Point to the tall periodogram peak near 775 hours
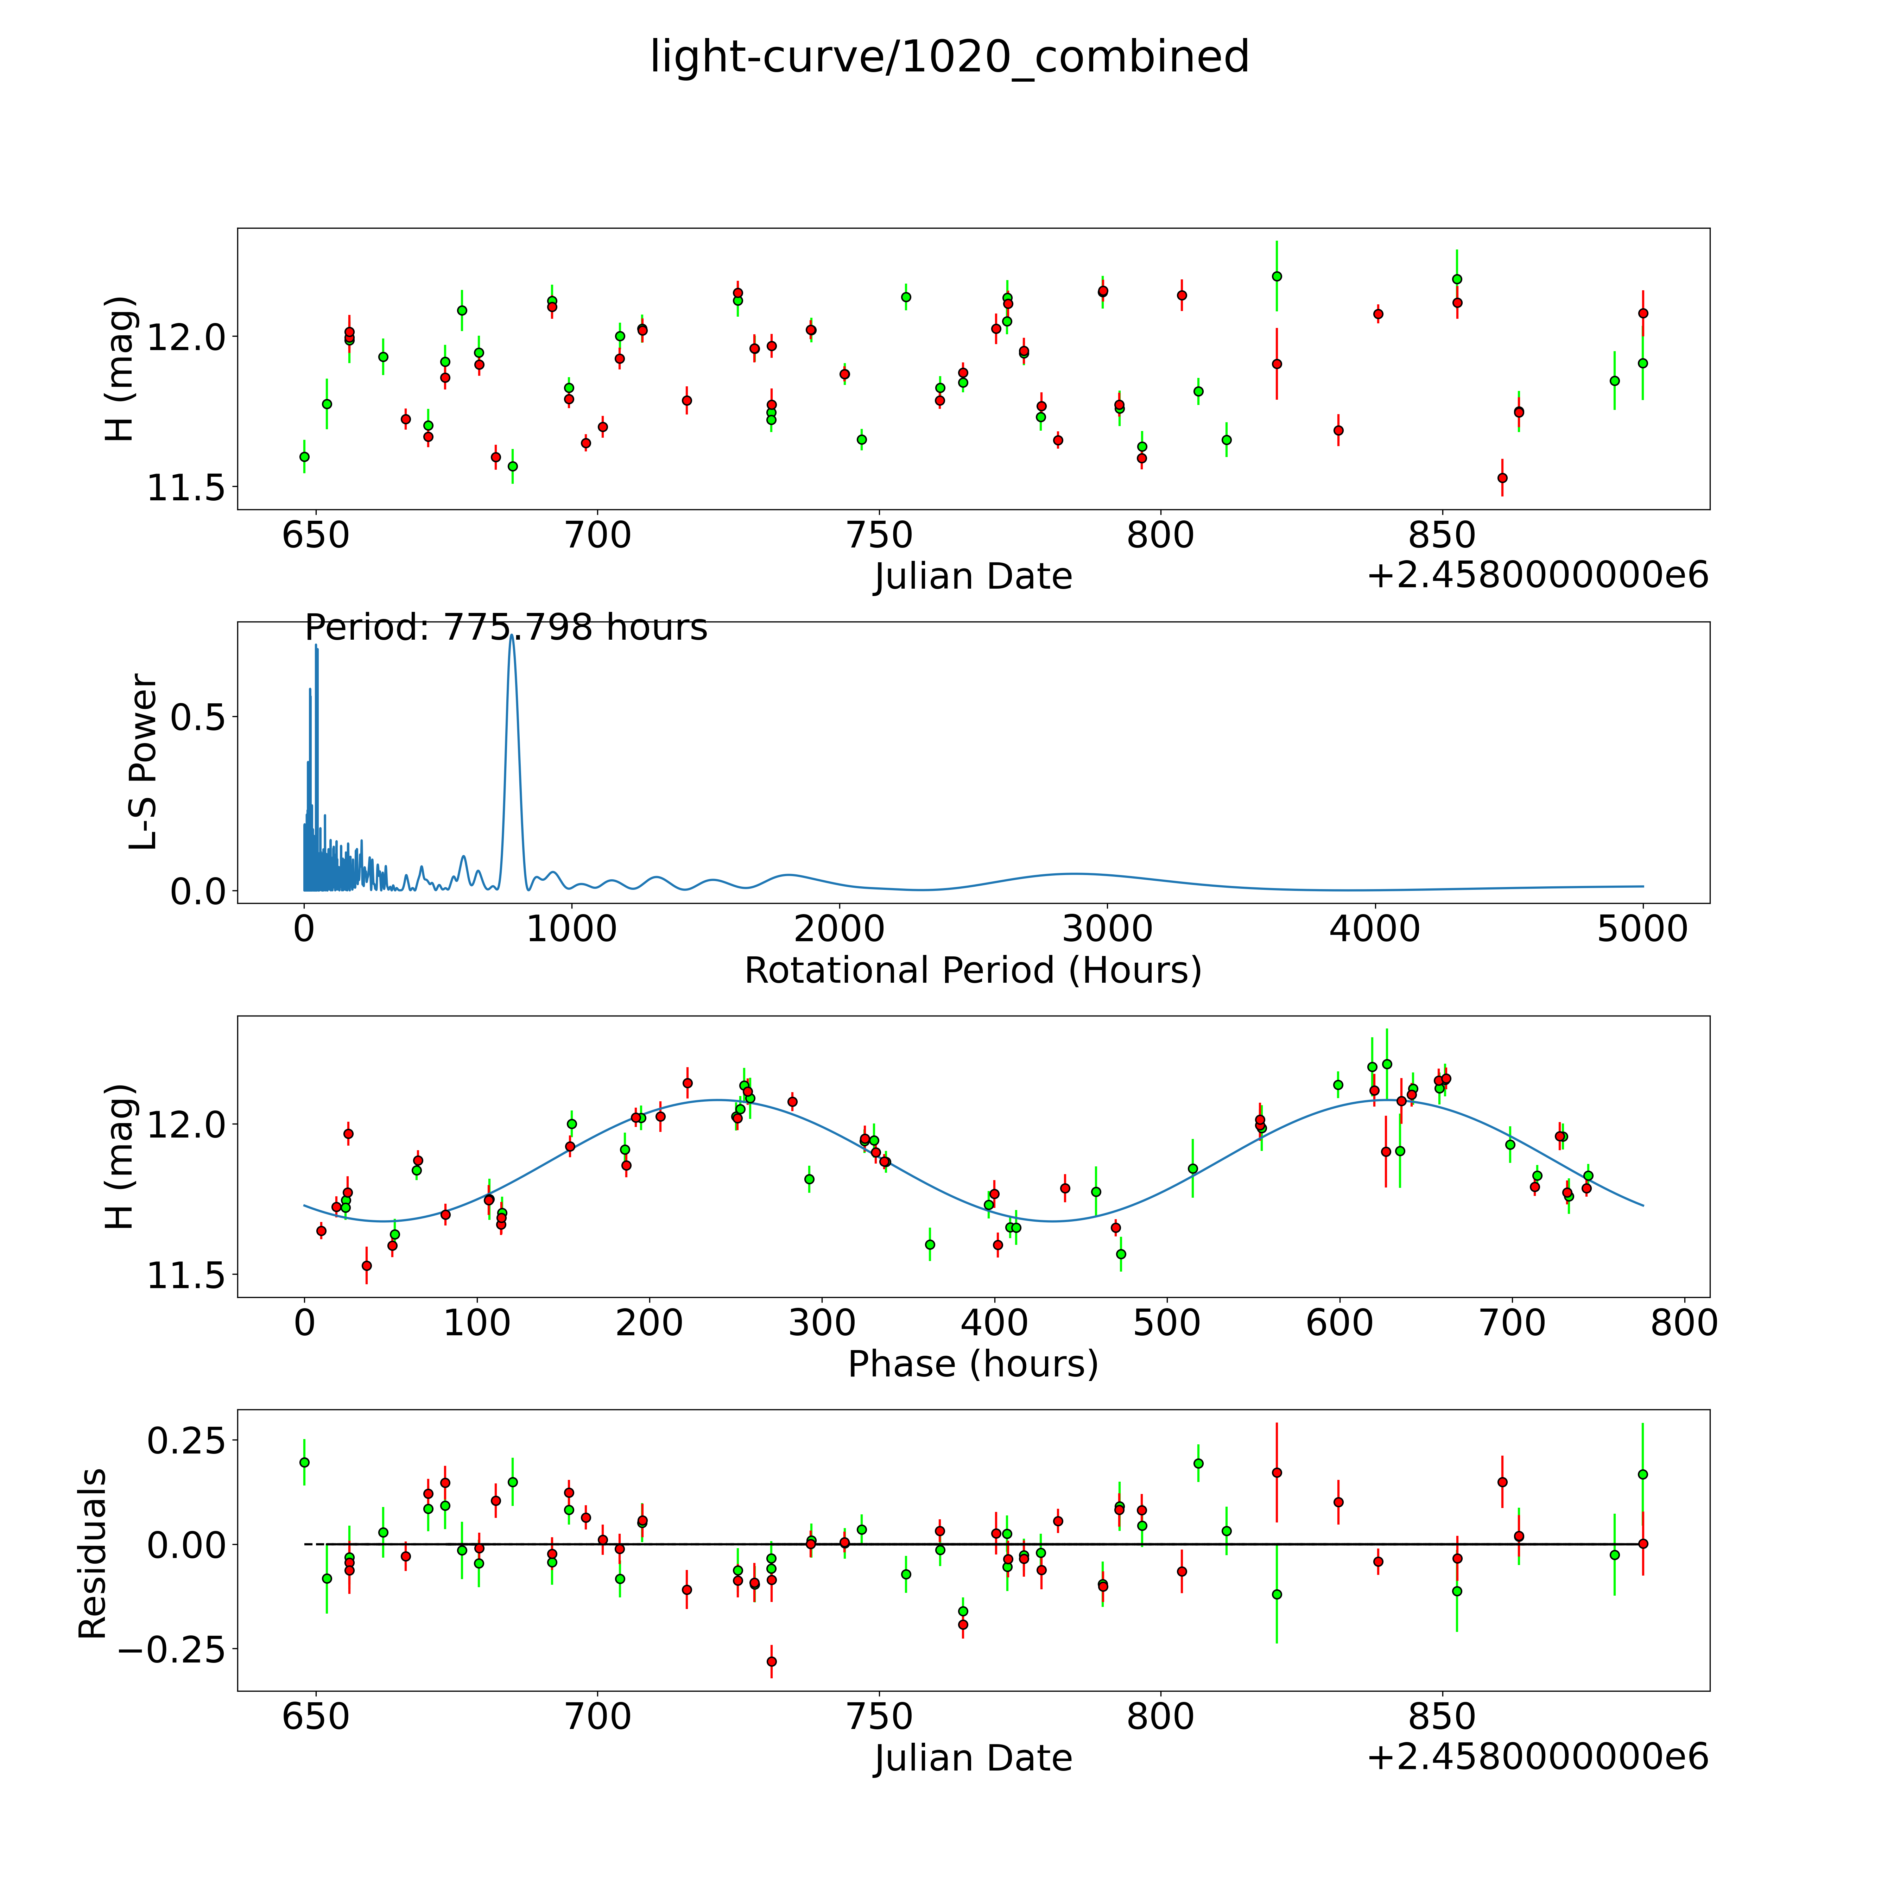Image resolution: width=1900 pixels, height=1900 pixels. click(511, 637)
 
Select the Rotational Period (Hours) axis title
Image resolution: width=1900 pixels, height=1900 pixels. click(973, 971)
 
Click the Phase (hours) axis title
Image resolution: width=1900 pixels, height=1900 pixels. click(973, 1364)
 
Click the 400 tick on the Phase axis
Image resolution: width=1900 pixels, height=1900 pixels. click(994, 1323)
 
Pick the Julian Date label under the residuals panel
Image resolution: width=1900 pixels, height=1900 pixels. click(973, 1759)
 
